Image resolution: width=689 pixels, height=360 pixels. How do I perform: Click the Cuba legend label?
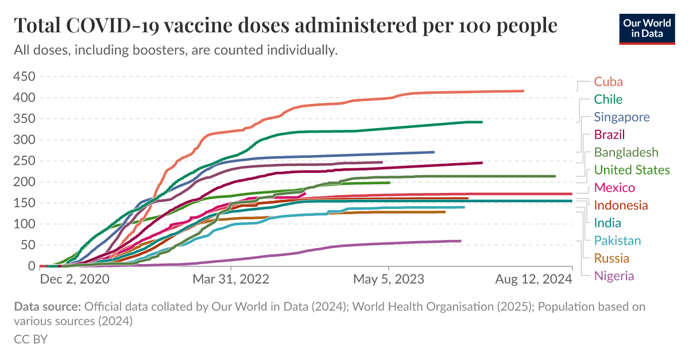coord(609,82)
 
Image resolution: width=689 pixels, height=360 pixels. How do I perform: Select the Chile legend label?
coord(608,99)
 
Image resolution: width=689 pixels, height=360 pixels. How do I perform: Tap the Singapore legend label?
coord(622,117)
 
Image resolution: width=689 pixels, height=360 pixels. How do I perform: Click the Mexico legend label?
coord(614,188)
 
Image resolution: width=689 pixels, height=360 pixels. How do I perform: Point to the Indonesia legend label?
coord(621,206)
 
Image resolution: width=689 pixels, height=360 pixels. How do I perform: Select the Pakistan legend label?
coord(617,241)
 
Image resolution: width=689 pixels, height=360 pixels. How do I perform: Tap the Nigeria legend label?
coord(614,276)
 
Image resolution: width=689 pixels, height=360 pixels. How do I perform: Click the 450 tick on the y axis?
coord(25,77)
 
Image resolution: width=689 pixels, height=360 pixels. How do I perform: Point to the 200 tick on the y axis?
coord(25,182)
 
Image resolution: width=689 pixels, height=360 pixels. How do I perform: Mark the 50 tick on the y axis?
coord(28,245)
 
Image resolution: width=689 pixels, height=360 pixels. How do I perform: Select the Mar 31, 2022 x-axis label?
coord(231,280)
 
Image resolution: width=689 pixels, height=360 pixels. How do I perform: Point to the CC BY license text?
coord(30,339)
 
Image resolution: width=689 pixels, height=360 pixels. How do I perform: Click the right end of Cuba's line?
coord(523,91)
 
